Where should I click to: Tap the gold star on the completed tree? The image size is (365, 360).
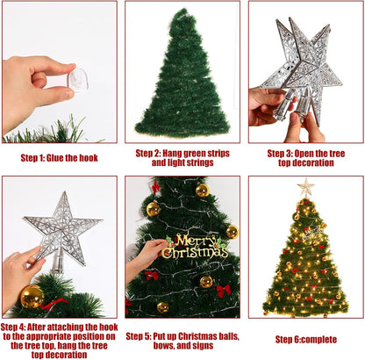tap(305, 187)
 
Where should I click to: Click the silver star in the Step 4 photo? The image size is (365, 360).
tap(62, 227)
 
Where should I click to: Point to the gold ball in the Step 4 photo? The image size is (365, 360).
tap(32, 297)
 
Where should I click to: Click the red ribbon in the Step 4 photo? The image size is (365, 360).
tap(54, 304)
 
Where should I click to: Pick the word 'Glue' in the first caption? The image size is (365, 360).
tap(68, 158)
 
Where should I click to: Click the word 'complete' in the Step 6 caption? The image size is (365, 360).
tap(317, 339)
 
